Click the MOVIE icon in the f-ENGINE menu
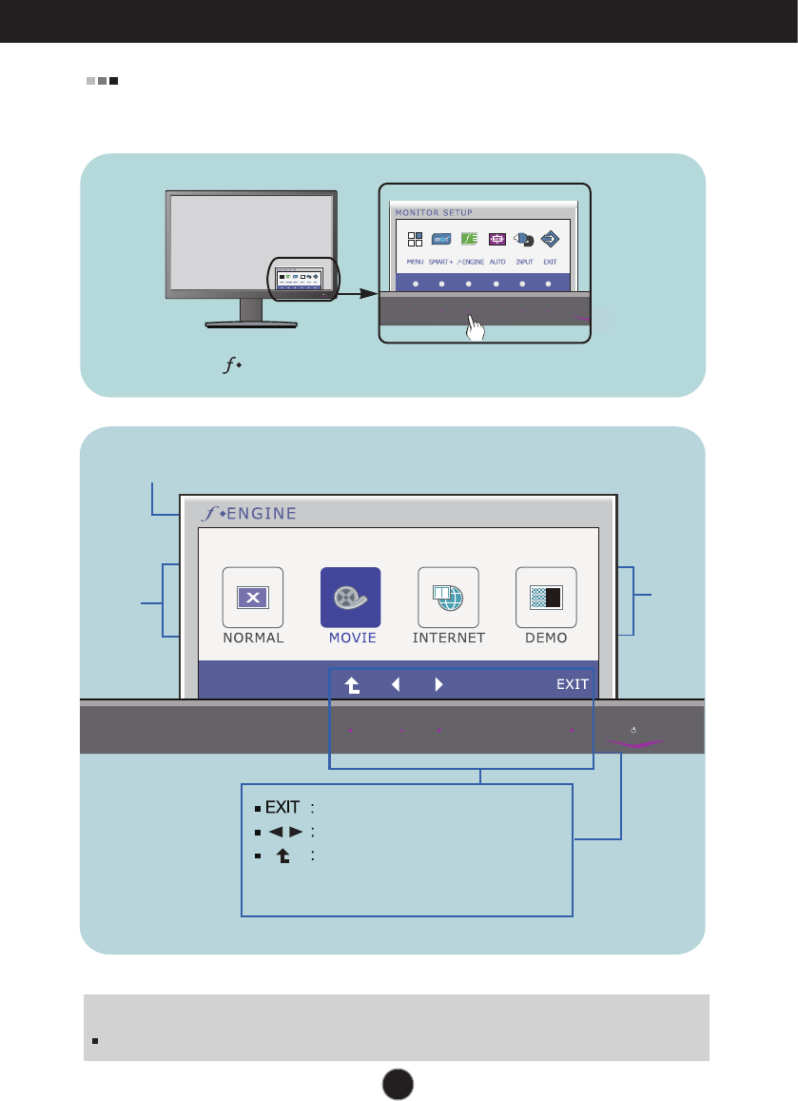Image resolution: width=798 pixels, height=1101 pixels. click(x=350, y=598)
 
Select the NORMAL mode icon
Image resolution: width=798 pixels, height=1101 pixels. click(x=252, y=598)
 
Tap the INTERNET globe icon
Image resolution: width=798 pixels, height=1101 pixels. click(x=448, y=598)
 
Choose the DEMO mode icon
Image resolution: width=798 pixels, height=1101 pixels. click(x=546, y=598)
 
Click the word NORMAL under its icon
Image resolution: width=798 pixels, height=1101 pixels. click(x=253, y=639)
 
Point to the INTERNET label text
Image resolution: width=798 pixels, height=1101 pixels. click(x=448, y=639)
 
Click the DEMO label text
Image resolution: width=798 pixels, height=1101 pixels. click(x=546, y=639)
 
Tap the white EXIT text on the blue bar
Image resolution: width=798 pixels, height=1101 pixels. click(x=573, y=684)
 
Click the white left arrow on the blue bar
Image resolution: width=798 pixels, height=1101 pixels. click(x=397, y=684)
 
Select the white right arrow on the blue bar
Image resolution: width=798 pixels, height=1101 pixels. click(x=438, y=684)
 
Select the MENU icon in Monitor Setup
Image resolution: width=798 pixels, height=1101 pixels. click(x=415, y=241)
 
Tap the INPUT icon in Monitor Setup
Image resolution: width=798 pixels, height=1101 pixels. click(x=522, y=241)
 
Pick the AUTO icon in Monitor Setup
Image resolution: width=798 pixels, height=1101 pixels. click(x=496, y=241)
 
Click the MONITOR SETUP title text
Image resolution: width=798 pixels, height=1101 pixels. click(x=436, y=212)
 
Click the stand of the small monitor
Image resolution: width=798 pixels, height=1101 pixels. click(x=250, y=311)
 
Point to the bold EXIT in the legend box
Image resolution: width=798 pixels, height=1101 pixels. click(x=282, y=808)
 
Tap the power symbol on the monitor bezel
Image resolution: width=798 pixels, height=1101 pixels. click(x=633, y=730)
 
